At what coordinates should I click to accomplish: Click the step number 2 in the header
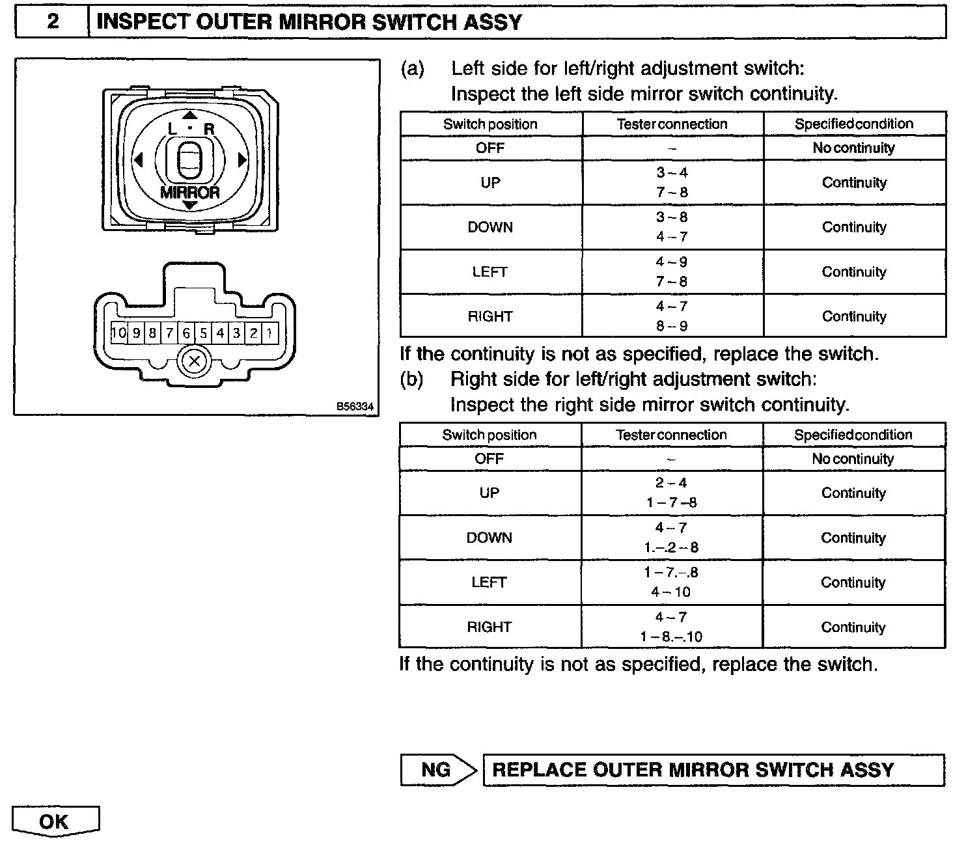[53, 22]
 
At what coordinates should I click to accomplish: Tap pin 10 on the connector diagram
[118, 334]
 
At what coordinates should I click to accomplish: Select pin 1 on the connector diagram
[270, 334]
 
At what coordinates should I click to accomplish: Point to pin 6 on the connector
[186, 334]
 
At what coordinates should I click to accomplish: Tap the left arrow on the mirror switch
[137, 160]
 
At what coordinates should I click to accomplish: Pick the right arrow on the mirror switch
[242, 160]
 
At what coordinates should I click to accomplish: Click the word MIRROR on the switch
[189, 193]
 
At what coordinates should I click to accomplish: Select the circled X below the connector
[194, 361]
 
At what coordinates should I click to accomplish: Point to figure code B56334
[355, 407]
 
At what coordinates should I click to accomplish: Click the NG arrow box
[438, 770]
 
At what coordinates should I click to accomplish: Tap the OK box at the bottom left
[55, 822]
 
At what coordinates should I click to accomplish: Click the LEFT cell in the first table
[490, 272]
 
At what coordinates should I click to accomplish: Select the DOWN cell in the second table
[489, 538]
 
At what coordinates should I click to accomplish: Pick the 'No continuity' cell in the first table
[853, 148]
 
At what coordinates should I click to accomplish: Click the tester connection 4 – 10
[671, 592]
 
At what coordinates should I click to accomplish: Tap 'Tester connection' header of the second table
[671, 435]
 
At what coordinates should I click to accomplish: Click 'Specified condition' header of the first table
[853, 124]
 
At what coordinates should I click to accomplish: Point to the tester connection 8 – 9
[672, 326]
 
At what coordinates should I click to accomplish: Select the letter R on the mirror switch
[209, 129]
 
